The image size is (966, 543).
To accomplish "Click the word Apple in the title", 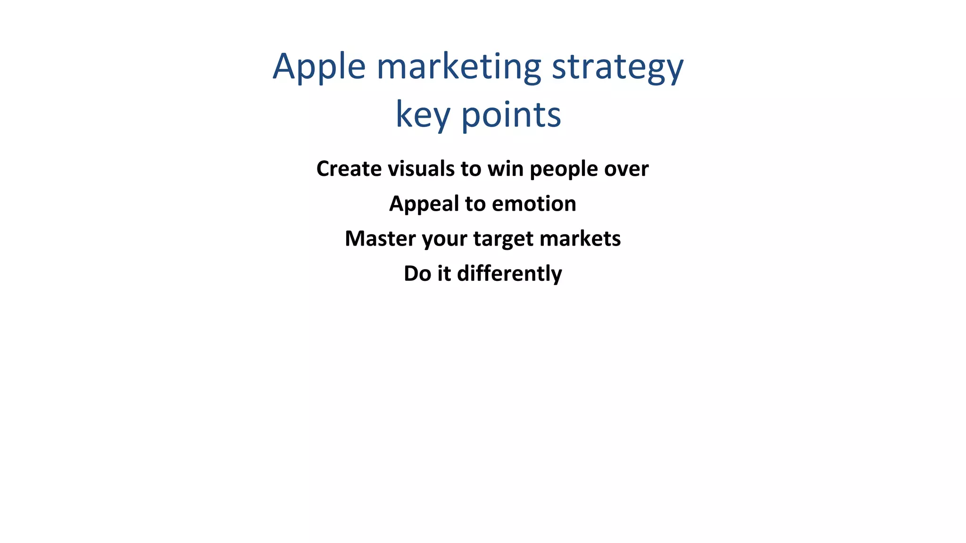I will pyautogui.click(x=319, y=67).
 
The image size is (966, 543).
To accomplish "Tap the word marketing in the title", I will pyautogui.click(x=458, y=67).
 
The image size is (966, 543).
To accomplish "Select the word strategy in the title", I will pyautogui.click(x=617, y=67).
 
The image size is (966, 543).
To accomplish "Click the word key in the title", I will pyautogui.click(x=422, y=115).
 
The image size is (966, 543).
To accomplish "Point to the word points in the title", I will pyautogui.click(x=511, y=115).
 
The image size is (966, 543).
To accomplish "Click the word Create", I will pyautogui.click(x=349, y=169).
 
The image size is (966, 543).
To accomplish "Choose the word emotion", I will pyautogui.click(x=534, y=204).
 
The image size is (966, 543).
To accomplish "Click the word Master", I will pyautogui.click(x=380, y=239).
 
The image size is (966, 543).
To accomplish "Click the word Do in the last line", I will pyautogui.click(x=417, y=273).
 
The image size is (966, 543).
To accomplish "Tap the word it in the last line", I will pyautogui.click(x=444, y=273).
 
